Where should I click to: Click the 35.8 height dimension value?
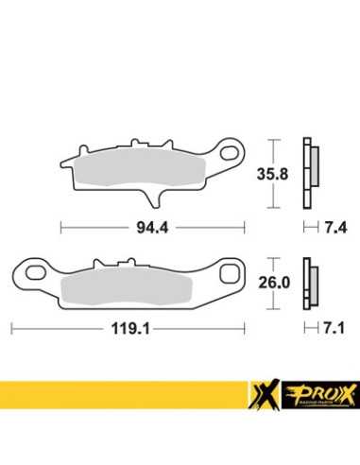[272, 174]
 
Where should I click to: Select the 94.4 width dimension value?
[152, 228]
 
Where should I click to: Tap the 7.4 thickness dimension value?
[335, 228]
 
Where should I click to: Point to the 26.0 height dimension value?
[274, 283]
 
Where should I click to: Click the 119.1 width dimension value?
[130, 329]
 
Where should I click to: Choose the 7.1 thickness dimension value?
[334, 328]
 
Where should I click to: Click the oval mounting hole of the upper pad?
[230, 153]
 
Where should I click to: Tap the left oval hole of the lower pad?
[36, 272]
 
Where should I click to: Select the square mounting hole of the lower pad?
[230, 273]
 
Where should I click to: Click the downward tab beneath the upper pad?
[153, 199]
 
